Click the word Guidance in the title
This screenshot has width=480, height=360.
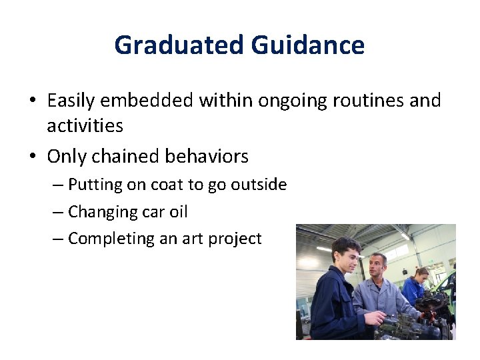(x=308, y=45)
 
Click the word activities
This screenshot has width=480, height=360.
(x=85, y=125)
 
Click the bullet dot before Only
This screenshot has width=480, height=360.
(x=32, y=157)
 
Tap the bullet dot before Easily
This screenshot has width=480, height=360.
(x=32, y=101)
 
